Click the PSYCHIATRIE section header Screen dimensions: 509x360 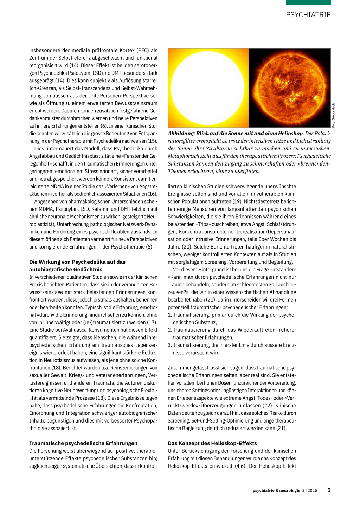(308, 15)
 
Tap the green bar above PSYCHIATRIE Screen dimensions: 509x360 (308, 2)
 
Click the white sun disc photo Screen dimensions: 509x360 (208, 88)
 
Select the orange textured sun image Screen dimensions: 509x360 (289, 88)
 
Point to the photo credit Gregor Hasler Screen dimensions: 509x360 (334, 115)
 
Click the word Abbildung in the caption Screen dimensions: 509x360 (181, 134)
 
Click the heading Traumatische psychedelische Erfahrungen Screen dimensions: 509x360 (83, 443)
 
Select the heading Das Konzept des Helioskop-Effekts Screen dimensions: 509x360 (212, 443)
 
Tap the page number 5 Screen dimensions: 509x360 (329, 490)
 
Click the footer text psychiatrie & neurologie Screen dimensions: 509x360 (276, 490)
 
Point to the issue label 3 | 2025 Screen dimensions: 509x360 (309, 490)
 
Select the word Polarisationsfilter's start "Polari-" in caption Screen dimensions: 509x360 (323, 134)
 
